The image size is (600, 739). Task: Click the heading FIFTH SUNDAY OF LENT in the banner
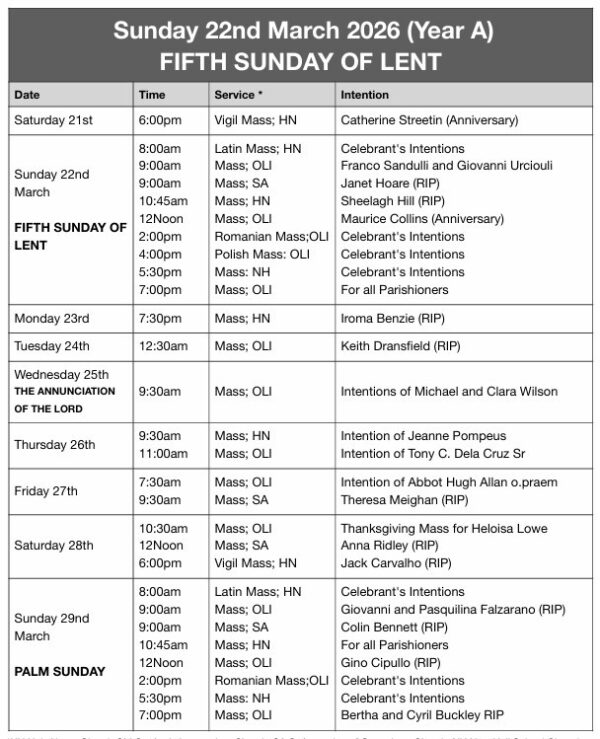[x=300, y=62]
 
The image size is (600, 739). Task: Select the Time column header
[x=152, y=95]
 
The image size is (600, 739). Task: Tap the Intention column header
[x=365, y=95]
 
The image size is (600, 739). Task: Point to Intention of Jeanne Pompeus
[x=423, y=436]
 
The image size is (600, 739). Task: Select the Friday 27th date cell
[x=45, y=491]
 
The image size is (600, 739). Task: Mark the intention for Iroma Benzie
[x=391, y=318]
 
